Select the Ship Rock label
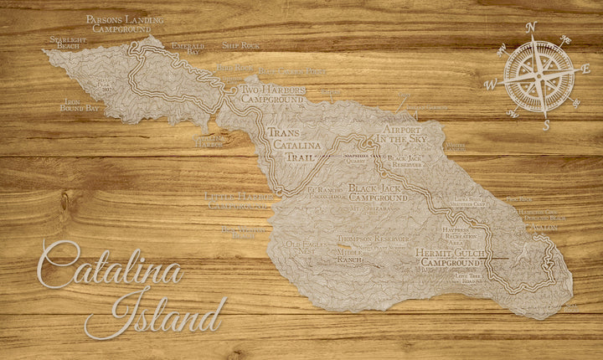pos(241,44)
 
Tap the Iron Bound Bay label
pos(80,105)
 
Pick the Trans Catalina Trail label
pos(292,144)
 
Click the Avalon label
pos(544,227)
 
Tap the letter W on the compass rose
pos(492,83)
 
